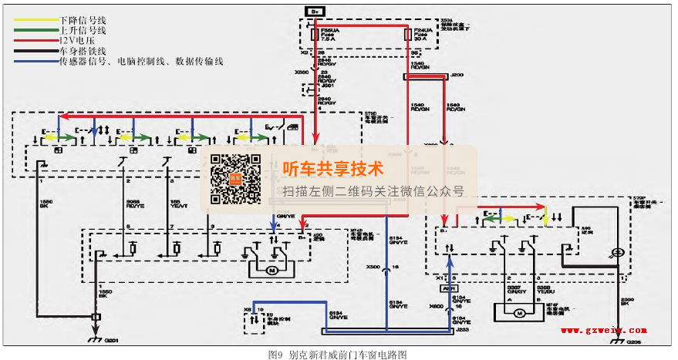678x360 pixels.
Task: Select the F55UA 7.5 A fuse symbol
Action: click(314, 35)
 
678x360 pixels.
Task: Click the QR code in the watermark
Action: click(236, 179)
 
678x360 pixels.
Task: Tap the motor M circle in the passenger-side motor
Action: click(519, 313)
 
